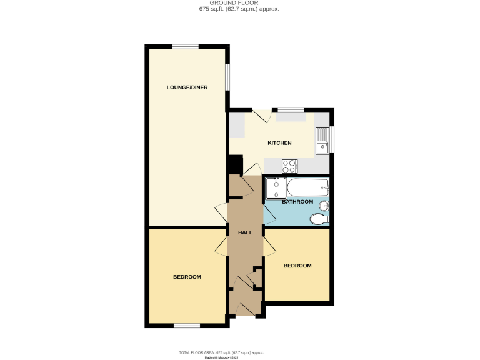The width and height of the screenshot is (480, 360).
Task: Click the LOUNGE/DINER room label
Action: point(187,87)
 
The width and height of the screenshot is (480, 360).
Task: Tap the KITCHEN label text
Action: point(279,143)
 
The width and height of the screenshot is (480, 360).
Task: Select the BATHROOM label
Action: point(297,202)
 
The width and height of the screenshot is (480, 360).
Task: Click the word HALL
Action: point(245,232)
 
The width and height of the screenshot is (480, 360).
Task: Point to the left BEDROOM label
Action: point(187,277)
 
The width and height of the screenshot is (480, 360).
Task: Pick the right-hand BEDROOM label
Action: point(297,266)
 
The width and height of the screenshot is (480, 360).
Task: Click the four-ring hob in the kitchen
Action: point(289,166)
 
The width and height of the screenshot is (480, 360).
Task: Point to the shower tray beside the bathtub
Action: point(276,187)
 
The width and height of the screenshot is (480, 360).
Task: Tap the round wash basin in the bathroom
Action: point(324,206)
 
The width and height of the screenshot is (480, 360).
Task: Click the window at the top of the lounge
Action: point(186,46)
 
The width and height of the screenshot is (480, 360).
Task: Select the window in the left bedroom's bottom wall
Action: point(187,325)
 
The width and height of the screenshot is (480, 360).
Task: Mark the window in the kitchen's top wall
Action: point(291,109)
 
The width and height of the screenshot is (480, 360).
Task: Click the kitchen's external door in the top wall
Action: point(261,115)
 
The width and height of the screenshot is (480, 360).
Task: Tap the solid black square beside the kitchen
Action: point(235,164)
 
